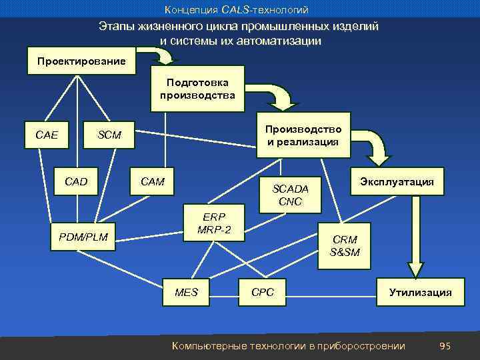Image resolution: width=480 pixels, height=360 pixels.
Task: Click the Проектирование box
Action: tap(81, 61)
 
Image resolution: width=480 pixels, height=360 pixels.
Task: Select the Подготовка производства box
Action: tap(197, 89)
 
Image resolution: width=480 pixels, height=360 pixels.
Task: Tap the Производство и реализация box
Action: tap(303, 135)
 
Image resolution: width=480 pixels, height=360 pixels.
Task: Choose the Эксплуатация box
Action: tap(397, 181)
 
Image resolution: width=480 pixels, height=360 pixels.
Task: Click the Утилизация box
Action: tap(420, 292)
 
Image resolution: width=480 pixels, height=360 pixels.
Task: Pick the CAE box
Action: tap(47, 135)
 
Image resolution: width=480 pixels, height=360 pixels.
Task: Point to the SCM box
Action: tap(109, 135)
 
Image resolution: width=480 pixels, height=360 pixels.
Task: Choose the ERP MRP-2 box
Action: tap(214, 223)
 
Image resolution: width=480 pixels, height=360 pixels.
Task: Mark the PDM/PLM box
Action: tap(84, 235)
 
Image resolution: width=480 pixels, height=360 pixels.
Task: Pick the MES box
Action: tap(186, 292)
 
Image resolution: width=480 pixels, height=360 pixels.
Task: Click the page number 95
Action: tap(445, 345)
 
